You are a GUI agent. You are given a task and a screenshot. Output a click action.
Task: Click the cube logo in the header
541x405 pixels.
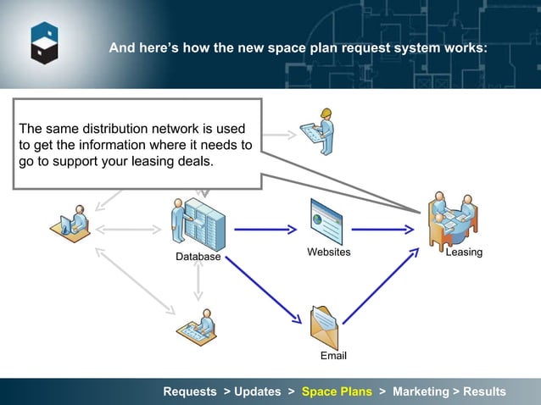[x=44, y=42]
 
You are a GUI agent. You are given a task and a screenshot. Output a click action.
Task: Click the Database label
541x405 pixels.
[x=198, y=257]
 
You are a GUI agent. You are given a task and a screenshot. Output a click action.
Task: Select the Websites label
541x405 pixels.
[x=328, y=252]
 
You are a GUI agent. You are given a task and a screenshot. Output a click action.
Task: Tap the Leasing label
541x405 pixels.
[x=464, y=252]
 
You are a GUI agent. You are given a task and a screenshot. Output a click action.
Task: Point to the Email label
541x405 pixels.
[x=333, y=356]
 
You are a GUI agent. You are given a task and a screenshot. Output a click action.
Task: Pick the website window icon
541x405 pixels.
[x=326, y=222]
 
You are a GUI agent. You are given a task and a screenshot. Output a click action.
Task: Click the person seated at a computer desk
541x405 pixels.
[x=71, y=225]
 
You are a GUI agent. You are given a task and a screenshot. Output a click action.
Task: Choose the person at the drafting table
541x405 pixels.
[x=197, y=324]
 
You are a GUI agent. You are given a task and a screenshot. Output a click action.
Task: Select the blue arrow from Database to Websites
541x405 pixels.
[x=265, y=230]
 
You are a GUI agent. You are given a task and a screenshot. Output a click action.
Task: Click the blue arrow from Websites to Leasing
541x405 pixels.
[x=382, y=230]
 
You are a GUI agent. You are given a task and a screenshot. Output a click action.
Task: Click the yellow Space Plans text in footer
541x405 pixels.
[x=337, y=391]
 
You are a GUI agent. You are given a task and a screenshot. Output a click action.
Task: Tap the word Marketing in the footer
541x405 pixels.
[x=421, y=391]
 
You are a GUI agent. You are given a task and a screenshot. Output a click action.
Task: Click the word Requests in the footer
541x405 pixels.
[x=190, y=391]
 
